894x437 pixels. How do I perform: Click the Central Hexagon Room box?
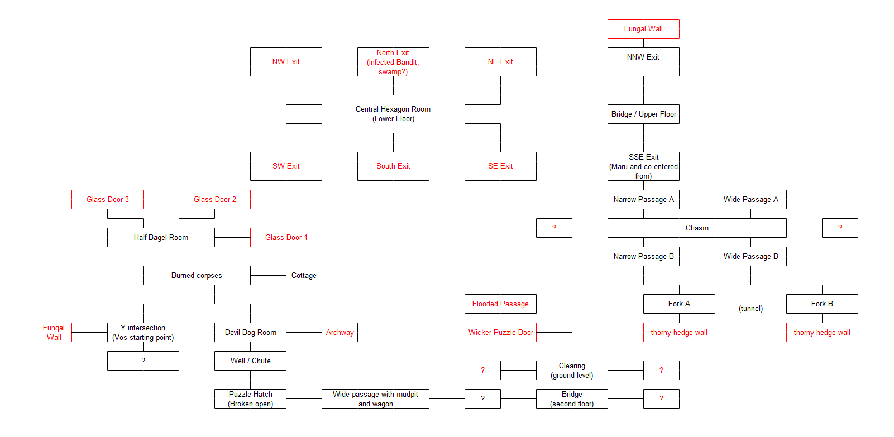coord(393,114)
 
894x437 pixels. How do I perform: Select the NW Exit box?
coord(286,62)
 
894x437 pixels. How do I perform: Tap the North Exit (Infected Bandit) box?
coord(393,62)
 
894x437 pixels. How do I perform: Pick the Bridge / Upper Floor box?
coord(643,114)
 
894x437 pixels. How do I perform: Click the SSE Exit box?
coord(643,166)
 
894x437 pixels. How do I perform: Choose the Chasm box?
coord(697,228)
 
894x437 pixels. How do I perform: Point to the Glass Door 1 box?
coord(286,237)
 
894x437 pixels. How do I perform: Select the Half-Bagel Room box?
coord(161,237)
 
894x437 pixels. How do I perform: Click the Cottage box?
coord(304,275)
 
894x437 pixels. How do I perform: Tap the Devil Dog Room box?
coord(250,332)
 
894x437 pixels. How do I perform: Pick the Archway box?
coord(340,332)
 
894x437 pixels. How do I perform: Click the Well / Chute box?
coord(250,361)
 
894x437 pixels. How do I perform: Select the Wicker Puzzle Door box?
coord(500,332)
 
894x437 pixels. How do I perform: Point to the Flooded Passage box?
coord(500,304)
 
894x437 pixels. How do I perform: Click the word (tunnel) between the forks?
coord(750,308)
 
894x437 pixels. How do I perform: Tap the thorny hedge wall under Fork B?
coord(822,332)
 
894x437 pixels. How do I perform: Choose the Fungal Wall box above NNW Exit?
coord(643,28)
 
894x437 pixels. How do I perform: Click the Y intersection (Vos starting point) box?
coord(143,332)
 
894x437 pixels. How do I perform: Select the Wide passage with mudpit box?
coord(375,398)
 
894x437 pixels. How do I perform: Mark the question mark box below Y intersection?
coord(143,361)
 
